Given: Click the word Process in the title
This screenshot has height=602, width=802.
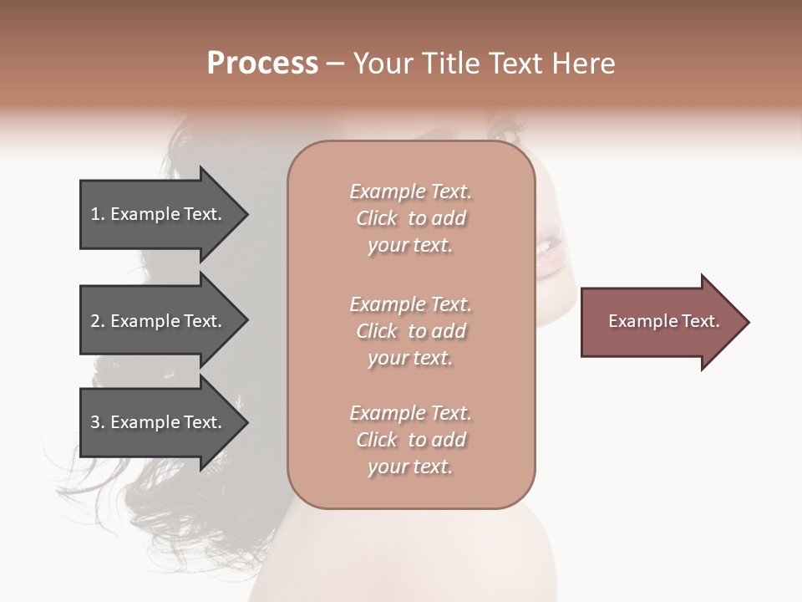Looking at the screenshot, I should tap(262, 64).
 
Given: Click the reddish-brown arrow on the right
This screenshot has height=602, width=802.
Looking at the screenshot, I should tap(660, 322).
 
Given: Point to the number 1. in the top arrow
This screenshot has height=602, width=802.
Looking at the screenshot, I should tap(98, 214).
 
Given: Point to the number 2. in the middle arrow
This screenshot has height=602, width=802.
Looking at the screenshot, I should tap(98, 321).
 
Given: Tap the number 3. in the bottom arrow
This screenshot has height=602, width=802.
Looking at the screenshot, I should tap(98, 422).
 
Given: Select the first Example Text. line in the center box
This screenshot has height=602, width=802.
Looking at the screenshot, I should tap(411, 191).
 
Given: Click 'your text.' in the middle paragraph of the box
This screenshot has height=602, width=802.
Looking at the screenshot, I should tap(410, 358).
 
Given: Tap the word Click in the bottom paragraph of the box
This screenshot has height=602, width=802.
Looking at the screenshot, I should tap(377, 440).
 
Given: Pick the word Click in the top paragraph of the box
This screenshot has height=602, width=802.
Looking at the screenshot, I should tap(377, 218).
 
